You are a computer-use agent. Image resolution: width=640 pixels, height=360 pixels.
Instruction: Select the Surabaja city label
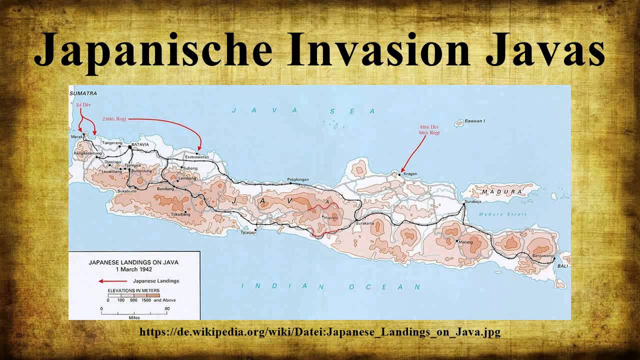[473, 201]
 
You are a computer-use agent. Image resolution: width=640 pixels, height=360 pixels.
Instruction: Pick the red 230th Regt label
[114, 119]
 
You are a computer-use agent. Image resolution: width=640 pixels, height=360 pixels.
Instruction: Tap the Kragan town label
[410, 174]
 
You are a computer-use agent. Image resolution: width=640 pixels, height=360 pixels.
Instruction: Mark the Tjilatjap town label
[248, 232]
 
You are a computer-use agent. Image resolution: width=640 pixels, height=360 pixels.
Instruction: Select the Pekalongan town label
[298, 179]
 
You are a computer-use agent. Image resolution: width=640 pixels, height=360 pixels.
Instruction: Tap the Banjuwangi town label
[543, 255]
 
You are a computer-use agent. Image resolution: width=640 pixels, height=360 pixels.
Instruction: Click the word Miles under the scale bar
[134, 317]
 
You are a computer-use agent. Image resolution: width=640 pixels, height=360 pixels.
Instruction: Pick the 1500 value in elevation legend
[146, 300]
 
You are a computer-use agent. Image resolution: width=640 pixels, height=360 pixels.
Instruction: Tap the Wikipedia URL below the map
[319, 332]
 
